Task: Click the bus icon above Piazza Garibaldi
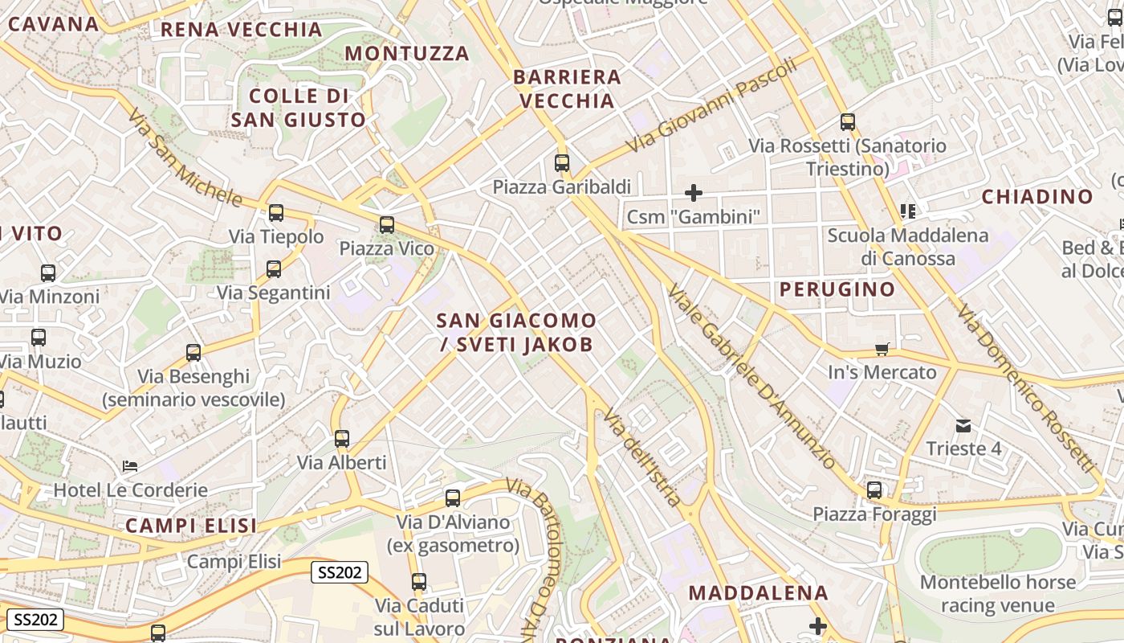(562, 163)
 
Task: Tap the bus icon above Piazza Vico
(387, 225)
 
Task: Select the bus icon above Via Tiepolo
(276, 213)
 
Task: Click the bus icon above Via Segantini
(274, 269)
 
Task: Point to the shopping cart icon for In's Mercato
(882, 349)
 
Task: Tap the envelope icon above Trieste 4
(963, 425)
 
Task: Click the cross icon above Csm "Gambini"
(694, 193)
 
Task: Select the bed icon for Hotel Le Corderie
(130, 466)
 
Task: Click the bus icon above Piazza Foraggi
(874, 489)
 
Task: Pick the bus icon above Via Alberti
(342, 439)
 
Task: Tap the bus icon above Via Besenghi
(193, 352)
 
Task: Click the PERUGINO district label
(837, 289)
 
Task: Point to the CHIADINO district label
(1037, 197)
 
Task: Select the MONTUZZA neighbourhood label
(407, 54)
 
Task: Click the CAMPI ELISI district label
(191, 526)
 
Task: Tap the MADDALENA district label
(758, 593)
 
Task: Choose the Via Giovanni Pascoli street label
(712, 105)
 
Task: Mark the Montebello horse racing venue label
(998, 593)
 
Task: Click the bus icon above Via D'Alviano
(453, 498)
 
